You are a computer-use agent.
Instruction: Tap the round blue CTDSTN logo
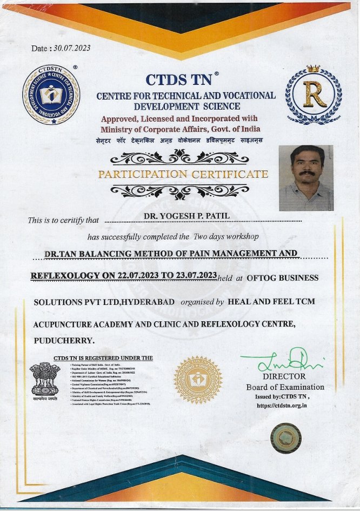pos(51,96)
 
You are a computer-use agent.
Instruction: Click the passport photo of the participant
pos(305,178)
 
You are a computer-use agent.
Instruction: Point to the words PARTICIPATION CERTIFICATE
pos(183,174)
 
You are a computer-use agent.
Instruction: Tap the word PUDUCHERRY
pos(64,341)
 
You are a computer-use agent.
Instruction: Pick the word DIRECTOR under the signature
pos(284,376)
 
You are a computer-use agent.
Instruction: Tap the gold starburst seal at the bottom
pos(197,380)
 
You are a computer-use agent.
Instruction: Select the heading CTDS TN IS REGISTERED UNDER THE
pos(103,358)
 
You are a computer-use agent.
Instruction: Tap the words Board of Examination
pos(285,387)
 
